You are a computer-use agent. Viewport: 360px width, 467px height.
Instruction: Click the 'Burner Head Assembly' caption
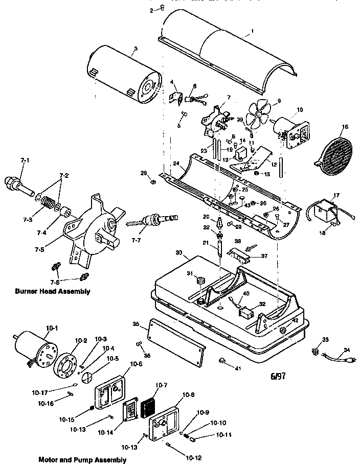point(53,291)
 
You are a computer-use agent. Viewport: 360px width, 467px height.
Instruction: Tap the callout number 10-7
point(162,384)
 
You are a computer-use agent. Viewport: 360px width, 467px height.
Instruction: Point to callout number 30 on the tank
point(178,252)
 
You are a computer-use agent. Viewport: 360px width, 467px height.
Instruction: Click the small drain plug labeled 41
point(223,361)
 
